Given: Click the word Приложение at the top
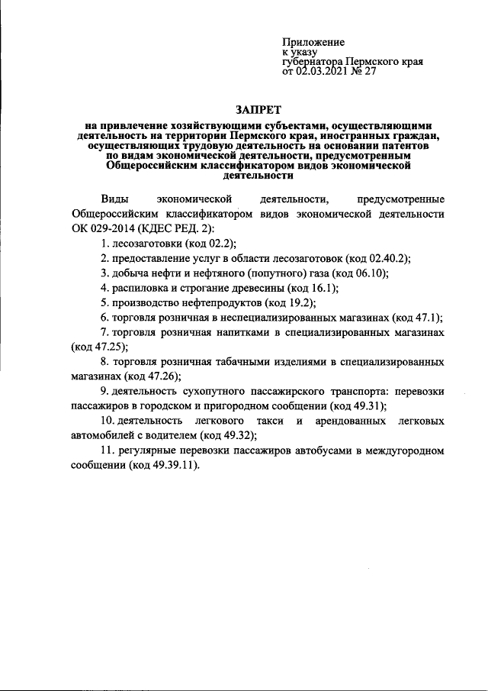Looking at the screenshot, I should pyautogui.click(x=313, y=42).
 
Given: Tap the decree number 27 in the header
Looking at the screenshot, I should pyautogui.click(x=370, y=73).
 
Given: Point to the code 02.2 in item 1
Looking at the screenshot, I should pyautogui.click(x=194, y=244).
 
